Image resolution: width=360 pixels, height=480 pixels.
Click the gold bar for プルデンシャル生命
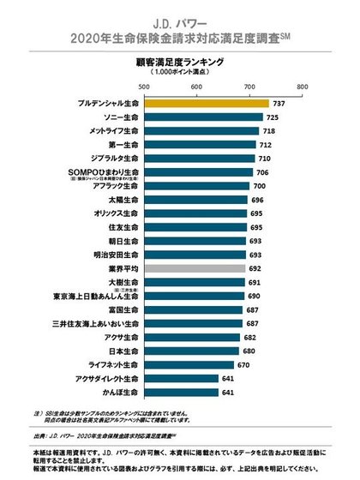207,103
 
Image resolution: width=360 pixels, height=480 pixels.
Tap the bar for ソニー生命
203,117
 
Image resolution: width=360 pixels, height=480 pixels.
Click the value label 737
279,103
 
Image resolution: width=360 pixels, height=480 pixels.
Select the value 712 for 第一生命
267,144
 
